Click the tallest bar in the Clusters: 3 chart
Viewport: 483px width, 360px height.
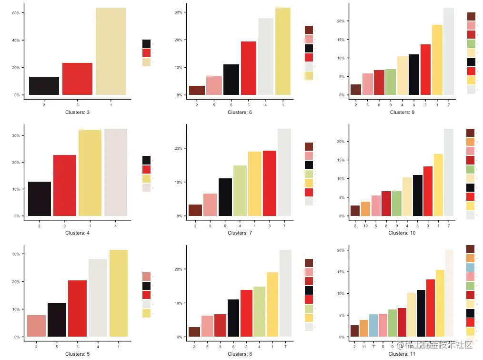(x=111, y=51)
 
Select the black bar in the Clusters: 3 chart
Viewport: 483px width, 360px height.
(x=44, y=86)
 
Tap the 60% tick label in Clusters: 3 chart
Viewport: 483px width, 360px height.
(x=15, y=13)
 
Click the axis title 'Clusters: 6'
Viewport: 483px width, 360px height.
(x=240, y=113)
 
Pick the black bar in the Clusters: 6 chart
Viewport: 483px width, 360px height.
(x=231, y=80)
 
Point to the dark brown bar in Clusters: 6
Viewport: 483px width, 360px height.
(x=197, y=90)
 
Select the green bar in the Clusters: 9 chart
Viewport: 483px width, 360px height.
(x=390, y=82)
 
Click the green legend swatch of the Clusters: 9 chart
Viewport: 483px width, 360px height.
(x=471, y=43)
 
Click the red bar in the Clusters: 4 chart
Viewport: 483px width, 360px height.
(x=64, y=185)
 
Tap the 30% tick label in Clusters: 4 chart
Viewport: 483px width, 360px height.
(x=15, y=135)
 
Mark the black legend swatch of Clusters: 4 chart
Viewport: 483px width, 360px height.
(x=146, y=160)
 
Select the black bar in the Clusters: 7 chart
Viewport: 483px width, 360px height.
(x=225, y=197)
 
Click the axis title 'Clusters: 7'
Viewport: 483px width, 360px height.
(x=240, y=233)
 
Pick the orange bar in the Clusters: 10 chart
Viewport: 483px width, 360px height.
(x=365, y=209)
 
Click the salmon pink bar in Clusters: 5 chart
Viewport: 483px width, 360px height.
(x=36, y=326)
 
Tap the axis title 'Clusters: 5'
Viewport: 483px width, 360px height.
(x=77, y=354)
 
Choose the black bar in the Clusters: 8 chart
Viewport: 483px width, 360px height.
(x=233, y=318)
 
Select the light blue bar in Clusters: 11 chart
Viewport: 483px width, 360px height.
(x=373, y=325)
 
